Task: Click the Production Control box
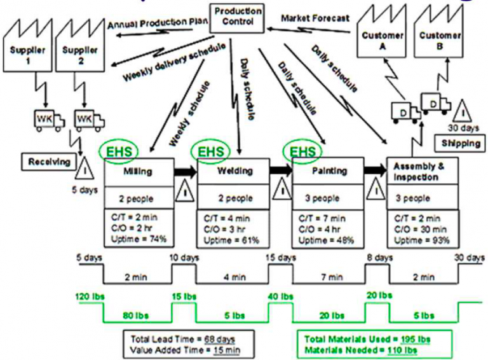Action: (x=236, y=17)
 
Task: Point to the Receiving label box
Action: (x=49, y=162)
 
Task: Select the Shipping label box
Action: (x=456, y=143)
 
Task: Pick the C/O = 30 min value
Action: (x=420, y=230)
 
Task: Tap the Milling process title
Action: (x=137, y=171)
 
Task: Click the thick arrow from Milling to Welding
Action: (x=185, y=171)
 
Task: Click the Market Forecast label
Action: (x=315, y=18)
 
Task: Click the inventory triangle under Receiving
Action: (x=84, y=170)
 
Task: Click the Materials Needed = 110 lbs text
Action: (x=360, y=350)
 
